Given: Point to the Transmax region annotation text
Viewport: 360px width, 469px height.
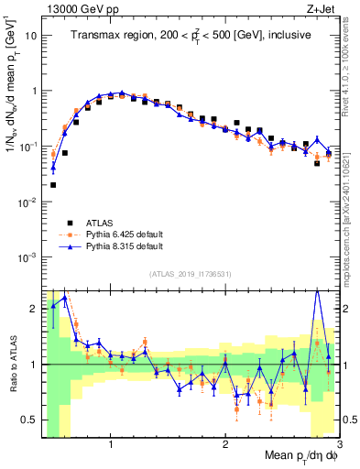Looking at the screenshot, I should pos(191,36).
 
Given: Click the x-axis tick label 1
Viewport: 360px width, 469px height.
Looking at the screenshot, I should pos(111,442).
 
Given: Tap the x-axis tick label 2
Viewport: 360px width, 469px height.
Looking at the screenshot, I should pos(225,442).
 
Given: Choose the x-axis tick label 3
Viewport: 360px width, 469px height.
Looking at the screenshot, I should pos(338,442).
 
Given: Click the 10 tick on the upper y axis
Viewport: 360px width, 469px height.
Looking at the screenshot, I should pos(31,36).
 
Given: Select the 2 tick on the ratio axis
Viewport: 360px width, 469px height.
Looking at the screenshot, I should pos(33,307).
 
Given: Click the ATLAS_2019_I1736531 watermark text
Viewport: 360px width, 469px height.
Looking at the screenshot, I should pos(191,274).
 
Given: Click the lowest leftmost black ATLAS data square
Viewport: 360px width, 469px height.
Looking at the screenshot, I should pos(53,185).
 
